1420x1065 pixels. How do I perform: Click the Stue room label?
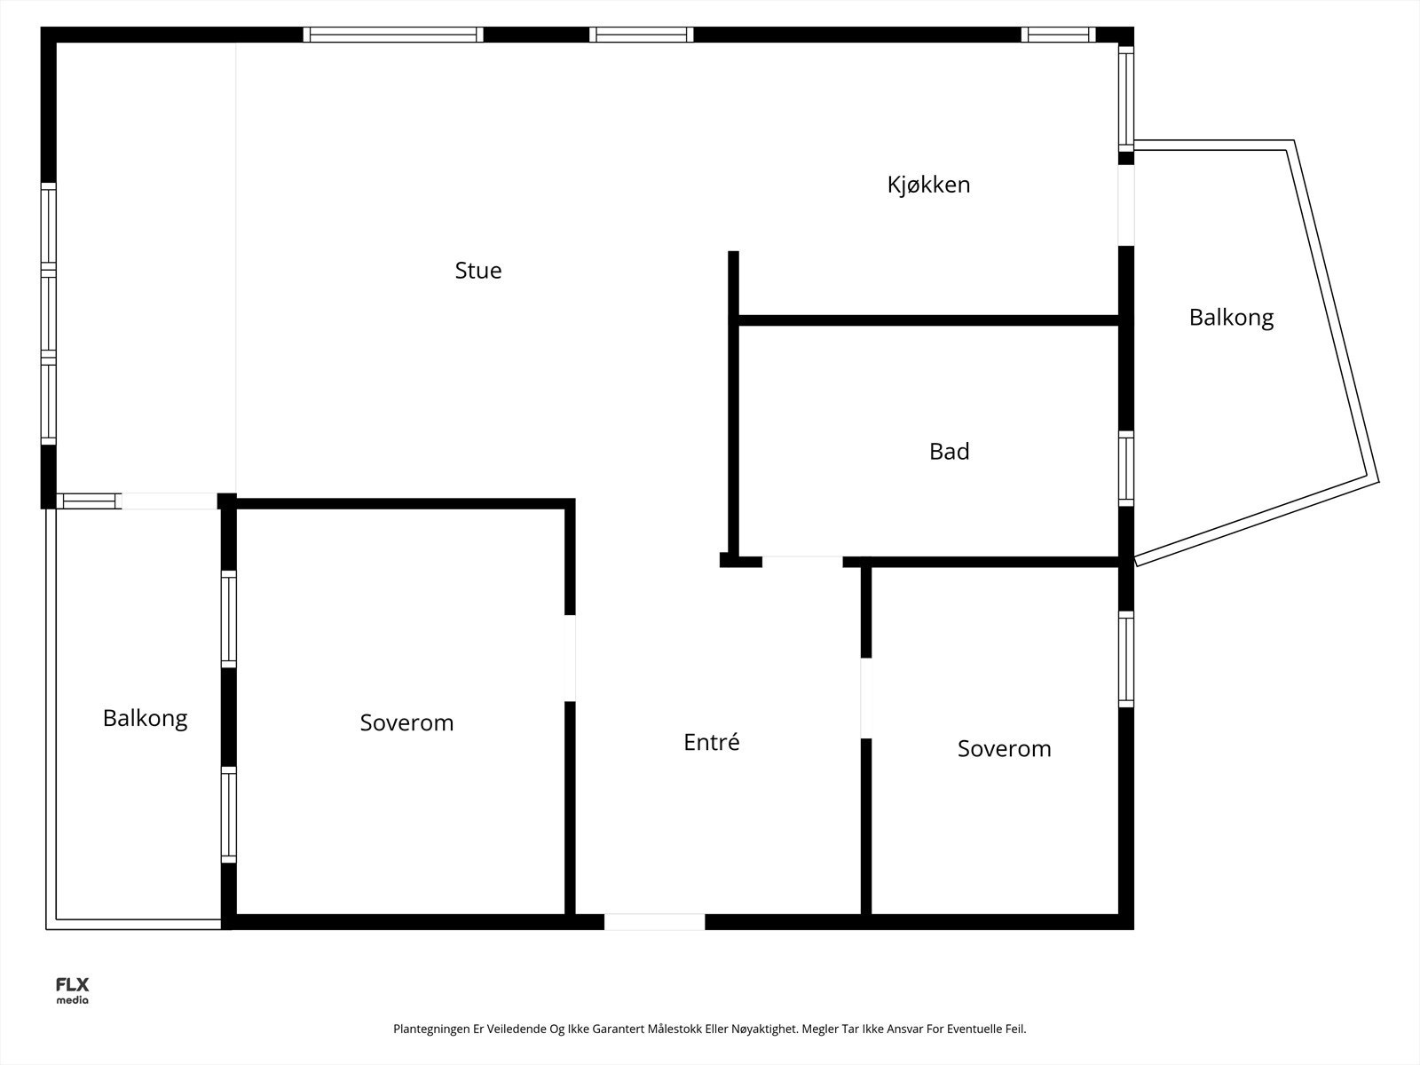pyautogui.click(x=477, y=271)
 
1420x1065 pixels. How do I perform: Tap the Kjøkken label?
pyautogui.click(x=928, y=185)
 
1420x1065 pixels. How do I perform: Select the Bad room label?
pyautogui.click(x=949, y=452)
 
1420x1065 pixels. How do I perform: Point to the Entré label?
pyautogui.click(x=711, y=742)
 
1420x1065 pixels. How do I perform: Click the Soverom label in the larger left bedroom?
pyautogui.click(x=406, y=722)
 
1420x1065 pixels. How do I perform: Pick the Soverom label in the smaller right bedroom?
pyautogui.click(x=1004, y=748)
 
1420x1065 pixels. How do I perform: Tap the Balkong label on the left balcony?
pyautogui.click(x=145, y=718)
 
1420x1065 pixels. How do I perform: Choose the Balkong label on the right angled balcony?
pyautogui.click(x=1231, y=317)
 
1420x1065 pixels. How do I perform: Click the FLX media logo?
pyautogui.click(x=72, y=990)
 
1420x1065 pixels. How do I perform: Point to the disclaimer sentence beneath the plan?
pyautogui.click(x=709, y=1029)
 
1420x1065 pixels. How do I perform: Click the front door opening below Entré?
pyautogui.click(x=654, y=922)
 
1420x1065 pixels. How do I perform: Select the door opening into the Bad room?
pyautogui.click(x=801, y=562)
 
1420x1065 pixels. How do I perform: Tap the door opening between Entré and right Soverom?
pyautogui.click(x=866, y=698)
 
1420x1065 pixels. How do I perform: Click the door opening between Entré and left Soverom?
pyautogui.click(x=570, y=658)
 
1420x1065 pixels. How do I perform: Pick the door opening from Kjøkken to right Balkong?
pyautogui.click(x=1125, y=205)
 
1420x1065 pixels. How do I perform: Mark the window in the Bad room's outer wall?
pyautogui.click(x=1125, y=468)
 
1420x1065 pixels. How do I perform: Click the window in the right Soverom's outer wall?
pyautogui.click(x=1125, y=659)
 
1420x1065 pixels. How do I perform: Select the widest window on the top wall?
pyautogui.click(x=393, y=35)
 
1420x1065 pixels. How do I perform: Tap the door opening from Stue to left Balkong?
pyautogui.click(x=169, y=501)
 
